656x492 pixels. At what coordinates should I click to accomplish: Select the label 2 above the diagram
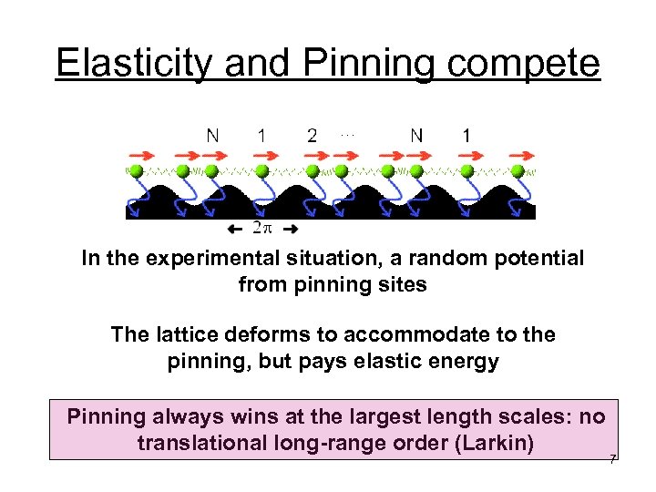[313, 136]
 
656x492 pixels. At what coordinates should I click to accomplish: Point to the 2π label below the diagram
[262, 228]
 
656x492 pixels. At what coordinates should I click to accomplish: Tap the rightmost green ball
[518, 171]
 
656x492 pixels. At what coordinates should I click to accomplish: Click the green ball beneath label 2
[313, 171]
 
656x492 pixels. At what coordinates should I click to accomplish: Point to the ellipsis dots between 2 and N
[346, 133]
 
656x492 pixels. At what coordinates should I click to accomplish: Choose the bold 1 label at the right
[466, 136]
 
